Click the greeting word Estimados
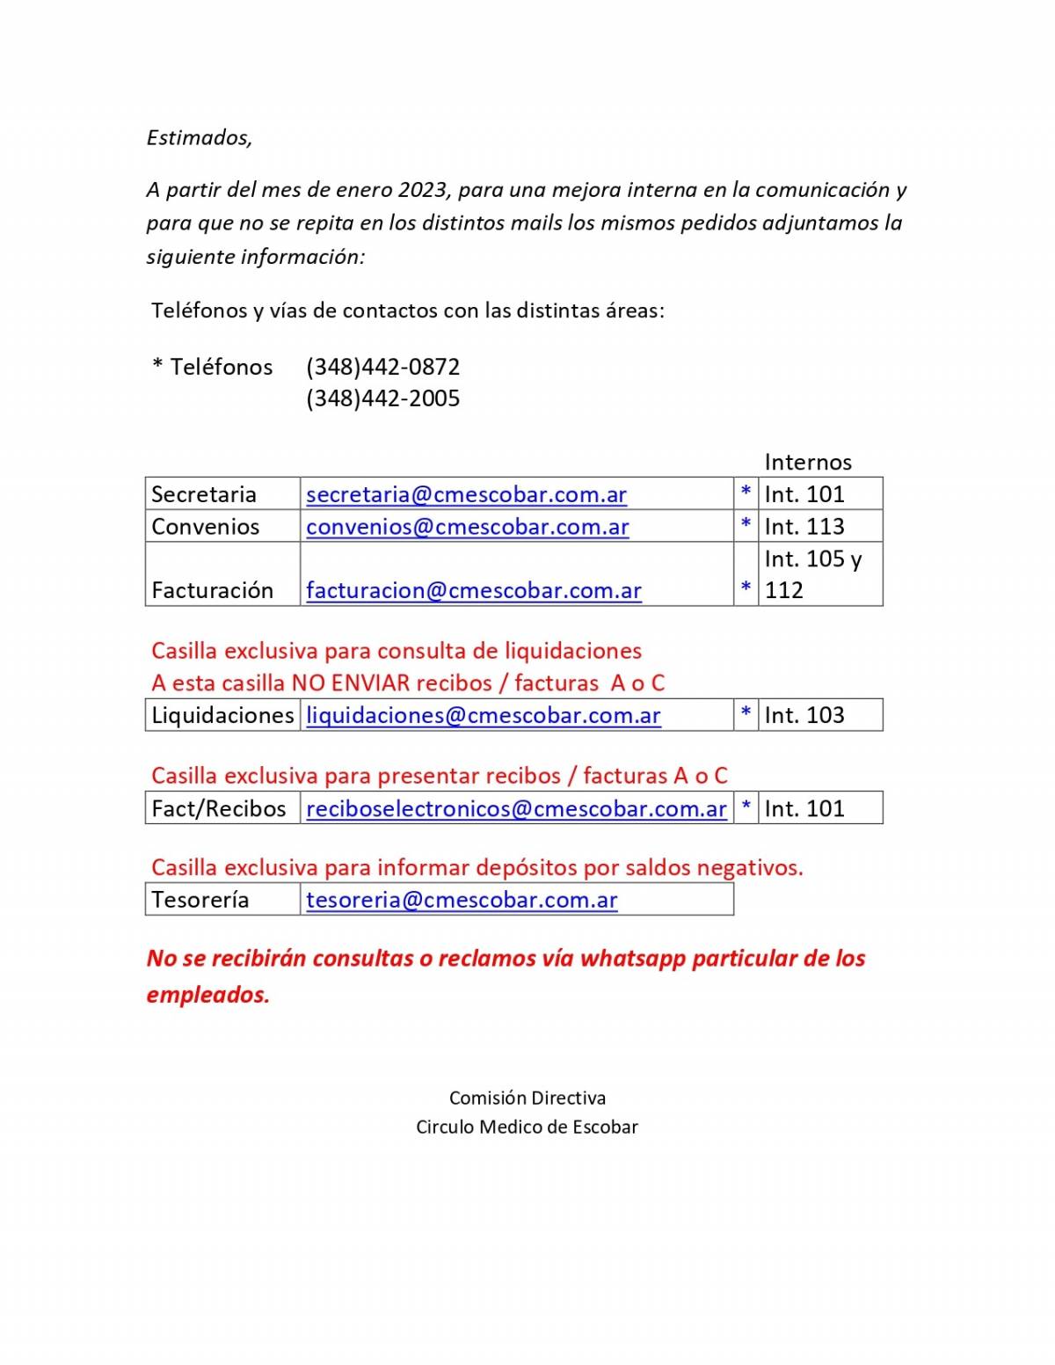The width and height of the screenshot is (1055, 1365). click(199, 137)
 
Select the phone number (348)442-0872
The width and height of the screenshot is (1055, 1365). click(382, 367)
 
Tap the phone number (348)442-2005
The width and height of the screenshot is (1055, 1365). click(382, 398)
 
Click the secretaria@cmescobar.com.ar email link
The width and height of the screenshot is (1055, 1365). click(466, 494)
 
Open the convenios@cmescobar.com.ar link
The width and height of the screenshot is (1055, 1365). click(467, 527)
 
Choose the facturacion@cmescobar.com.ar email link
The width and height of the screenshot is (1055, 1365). click(473, 590)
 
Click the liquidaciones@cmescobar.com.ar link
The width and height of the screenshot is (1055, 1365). click(483, 715)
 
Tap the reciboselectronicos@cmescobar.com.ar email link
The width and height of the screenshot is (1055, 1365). click(516, 808)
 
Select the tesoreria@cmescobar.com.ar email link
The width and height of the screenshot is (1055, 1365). click(462, 900)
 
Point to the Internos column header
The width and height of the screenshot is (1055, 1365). click(808, 462)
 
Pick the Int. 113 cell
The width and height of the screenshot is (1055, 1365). click(804, 527)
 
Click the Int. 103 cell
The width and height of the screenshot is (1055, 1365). click(804, 715)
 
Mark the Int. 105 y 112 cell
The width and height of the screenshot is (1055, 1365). click(813, 573)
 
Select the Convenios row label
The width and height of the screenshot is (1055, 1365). click(205, 527)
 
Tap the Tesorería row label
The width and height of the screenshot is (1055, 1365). click(200, 900)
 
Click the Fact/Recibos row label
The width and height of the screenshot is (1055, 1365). click(218, 808)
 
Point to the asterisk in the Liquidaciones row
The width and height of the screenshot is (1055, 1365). click(746, 713)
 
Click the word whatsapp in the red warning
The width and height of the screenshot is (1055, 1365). click(633, 958)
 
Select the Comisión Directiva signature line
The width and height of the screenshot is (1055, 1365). click(527, 1098)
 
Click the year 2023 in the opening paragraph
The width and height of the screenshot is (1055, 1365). click(423, 190)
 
